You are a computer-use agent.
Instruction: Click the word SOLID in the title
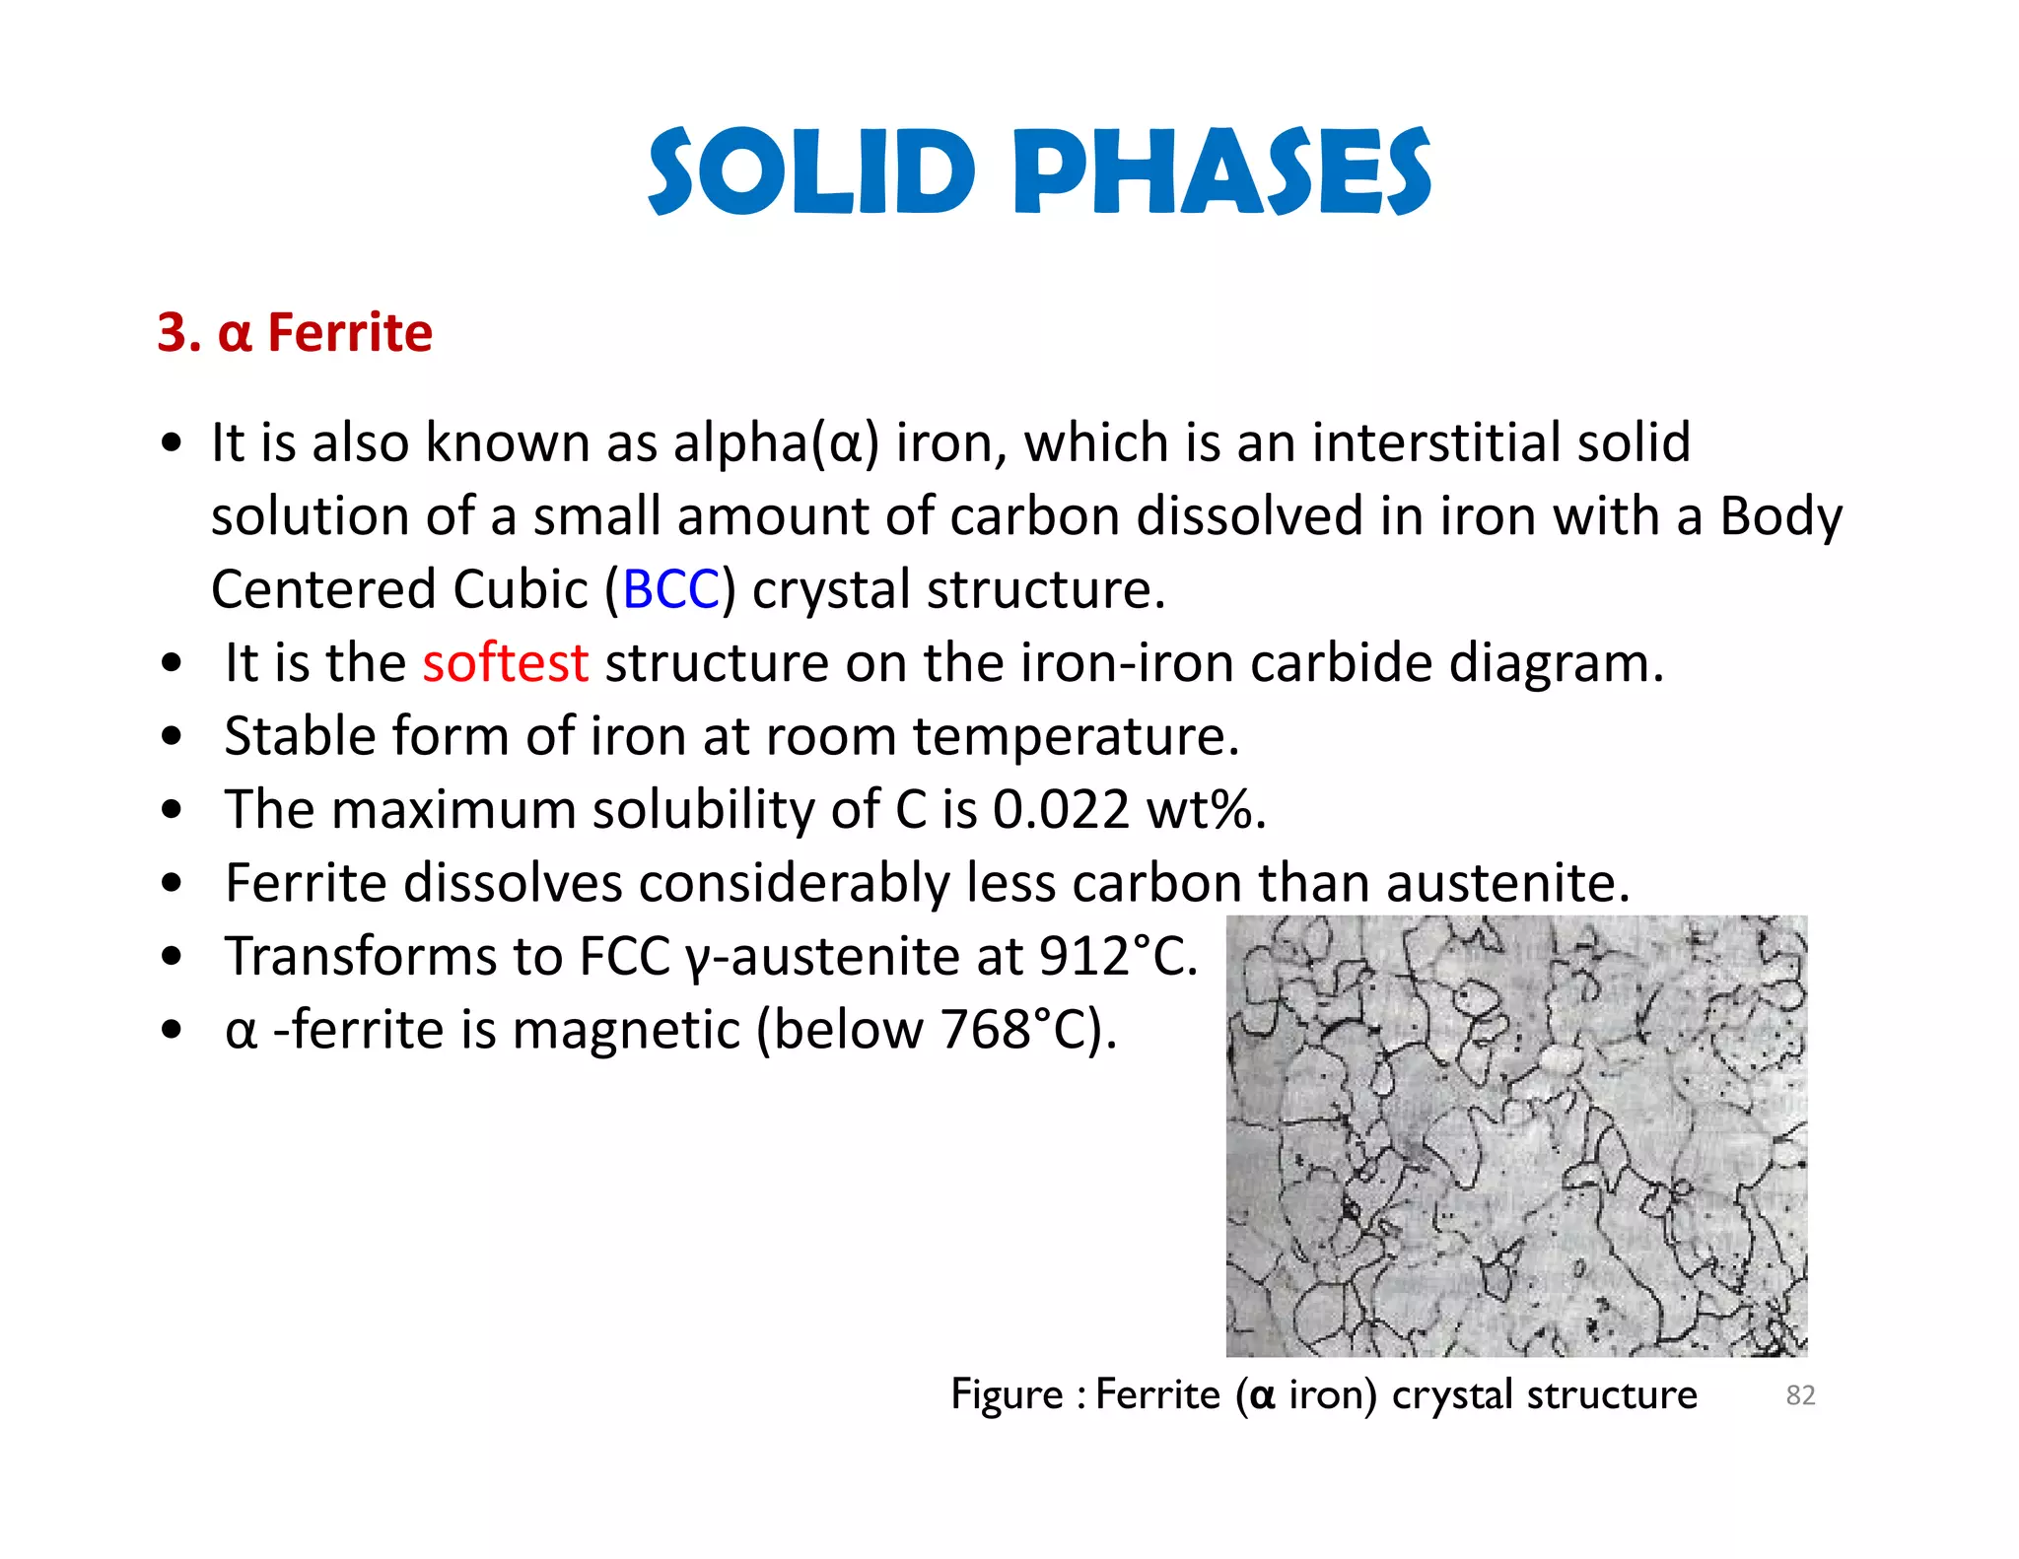(811, 171)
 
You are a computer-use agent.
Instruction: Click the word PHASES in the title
(1221, 171)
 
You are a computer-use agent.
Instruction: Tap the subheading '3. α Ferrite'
(295, 332)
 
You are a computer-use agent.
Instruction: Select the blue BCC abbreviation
(670, 589)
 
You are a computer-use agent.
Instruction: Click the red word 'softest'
(505, 662)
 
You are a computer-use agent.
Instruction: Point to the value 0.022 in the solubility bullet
(1060, 810)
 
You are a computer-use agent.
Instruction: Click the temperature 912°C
(1117, 956)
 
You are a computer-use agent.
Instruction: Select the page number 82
(1800, 1395)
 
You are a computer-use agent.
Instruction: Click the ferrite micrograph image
(1516, 1135)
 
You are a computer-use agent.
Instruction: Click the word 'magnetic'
(625, 1030)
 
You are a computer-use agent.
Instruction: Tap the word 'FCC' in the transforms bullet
(624, 956)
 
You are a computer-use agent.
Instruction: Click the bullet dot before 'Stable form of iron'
(173, 736)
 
